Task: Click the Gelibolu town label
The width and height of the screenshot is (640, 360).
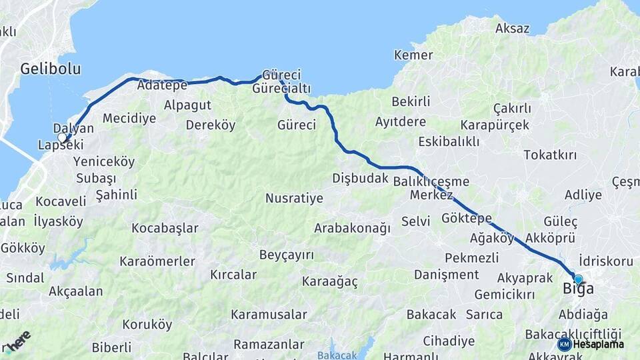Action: click(x=41, y=69)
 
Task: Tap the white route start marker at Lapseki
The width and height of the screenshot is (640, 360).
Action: click(x=63, y=138)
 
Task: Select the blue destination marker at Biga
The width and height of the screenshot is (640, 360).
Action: click(x=578, y=280)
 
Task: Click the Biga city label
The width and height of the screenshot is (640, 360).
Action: click(x=578, y=289)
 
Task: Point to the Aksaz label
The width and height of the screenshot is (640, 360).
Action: click(x=512, y=29)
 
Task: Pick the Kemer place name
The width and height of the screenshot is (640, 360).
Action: click(x=413, y=55)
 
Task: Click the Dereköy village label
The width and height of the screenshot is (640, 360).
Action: click(x=211, y=125)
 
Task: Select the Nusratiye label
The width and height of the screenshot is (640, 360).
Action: click(x=294, y=199)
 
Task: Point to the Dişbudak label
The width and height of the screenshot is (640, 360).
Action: click(x=360, y=178)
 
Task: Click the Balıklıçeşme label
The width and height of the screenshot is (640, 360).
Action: click(x=431, y=181)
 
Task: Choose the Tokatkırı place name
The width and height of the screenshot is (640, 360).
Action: click(x=550, y=155)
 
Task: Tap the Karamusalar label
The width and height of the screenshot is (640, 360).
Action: click(x=269, y=315)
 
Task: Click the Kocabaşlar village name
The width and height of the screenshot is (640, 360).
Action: click(x=165, y=229)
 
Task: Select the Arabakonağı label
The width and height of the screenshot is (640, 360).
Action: click(x=352, y=228)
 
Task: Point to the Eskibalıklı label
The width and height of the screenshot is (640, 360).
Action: click(x=449, y=142)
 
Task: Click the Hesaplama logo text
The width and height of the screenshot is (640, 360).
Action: click(x=599, y=344)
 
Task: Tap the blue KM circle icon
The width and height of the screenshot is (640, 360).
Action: click(x=565, y=344)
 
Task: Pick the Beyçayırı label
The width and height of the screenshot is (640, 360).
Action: click(x=286, y=255)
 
